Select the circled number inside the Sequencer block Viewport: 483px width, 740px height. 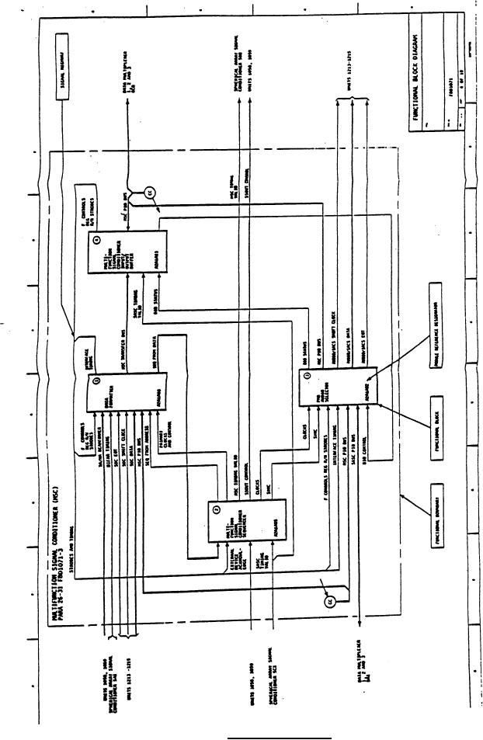pyautogui.click(x=215, y=509)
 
